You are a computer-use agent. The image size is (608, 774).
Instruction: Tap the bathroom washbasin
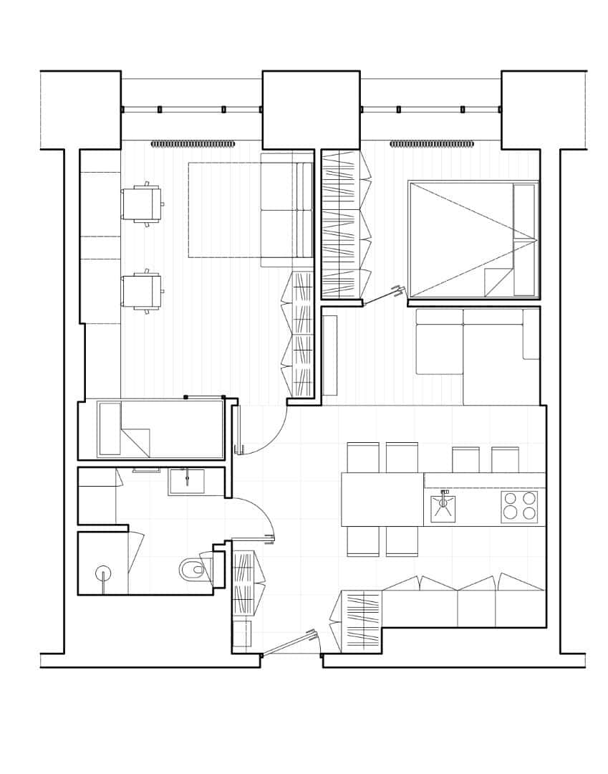click(x=186, y=482)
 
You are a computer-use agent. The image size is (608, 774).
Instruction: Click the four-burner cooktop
click(x=519, y=507)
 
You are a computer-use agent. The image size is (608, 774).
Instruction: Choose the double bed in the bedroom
click(x=473, y=239)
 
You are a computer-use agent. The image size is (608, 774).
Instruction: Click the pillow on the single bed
click(x=110, y=429)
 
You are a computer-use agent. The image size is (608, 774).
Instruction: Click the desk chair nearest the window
click(x=142, y=204)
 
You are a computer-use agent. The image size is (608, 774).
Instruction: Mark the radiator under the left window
click(x=193, y=144)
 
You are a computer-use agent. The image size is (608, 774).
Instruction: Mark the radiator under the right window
click(x=432, y=144)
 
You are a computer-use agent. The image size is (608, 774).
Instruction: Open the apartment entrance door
click(x=289, y=643)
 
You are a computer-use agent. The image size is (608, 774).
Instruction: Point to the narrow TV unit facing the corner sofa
click(x=329, y=355)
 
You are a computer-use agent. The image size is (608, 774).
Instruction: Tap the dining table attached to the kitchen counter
click(x=382, y=499)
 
